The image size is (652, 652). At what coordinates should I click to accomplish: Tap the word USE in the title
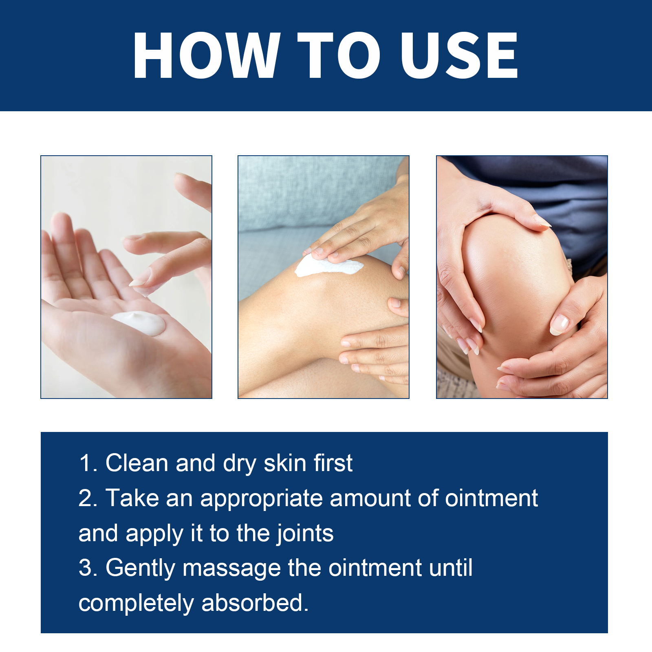pos(459,55)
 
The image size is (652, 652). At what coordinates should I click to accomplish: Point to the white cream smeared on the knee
pos(328,266)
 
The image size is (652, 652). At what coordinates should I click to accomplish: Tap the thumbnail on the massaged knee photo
pos(559,325)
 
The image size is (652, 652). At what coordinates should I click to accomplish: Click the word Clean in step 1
pos(137,463)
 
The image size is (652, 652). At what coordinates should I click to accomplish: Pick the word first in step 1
pos(333,463)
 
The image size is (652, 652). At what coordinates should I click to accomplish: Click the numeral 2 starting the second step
pos(85,498)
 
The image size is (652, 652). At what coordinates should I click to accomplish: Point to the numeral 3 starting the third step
pos(85,568)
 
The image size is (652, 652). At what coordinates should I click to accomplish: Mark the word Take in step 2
pos(132,498)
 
